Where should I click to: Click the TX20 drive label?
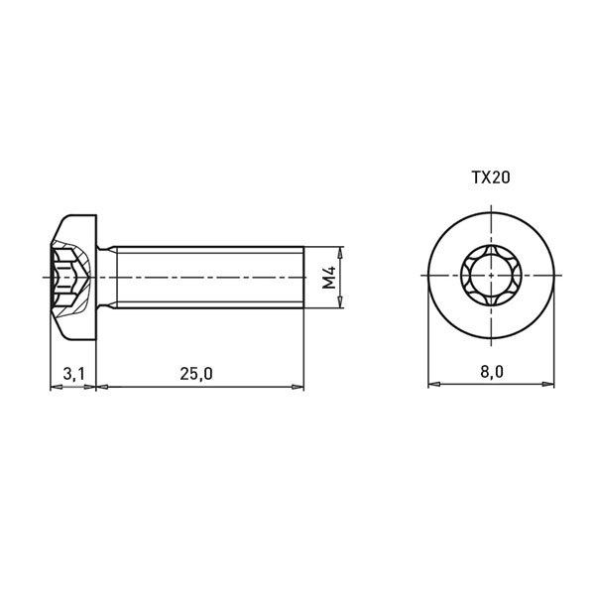[x=491, y=178]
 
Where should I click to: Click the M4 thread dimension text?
[x=329, y=278]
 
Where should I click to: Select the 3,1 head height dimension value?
[x=74, y=374]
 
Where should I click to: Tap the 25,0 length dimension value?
[x=196, y=374]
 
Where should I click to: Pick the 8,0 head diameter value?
[x=492, y=372]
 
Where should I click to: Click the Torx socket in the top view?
[x=492, y=275]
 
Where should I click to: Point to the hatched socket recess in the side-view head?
[x=71, y=278]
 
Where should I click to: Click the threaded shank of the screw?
[x=209, y=278]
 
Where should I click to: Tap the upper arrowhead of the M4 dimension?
[x=341, y=252]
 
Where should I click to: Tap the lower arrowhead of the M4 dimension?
[x=341, y=302]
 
